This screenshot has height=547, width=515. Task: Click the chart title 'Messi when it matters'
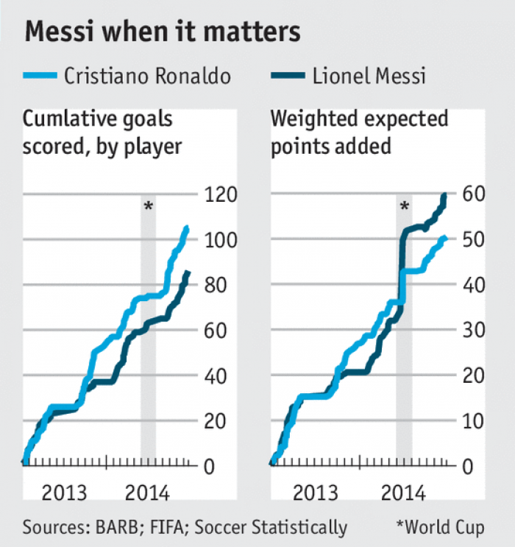[x=163, y=32]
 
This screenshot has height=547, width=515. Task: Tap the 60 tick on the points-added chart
[x=472, y=195]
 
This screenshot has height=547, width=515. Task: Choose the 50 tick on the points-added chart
[x=472, y=240]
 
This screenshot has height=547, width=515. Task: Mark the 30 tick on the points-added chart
[x=472, y=331]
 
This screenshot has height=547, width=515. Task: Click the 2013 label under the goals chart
[x=65, y=493]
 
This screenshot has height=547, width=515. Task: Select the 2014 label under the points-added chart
[x=402, y=493]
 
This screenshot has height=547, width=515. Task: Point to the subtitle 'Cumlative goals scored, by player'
[x=103, y=132]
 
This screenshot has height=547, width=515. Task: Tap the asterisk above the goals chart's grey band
[x=149, y=207]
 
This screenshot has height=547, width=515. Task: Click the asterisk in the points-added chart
[x=404, y=207]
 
